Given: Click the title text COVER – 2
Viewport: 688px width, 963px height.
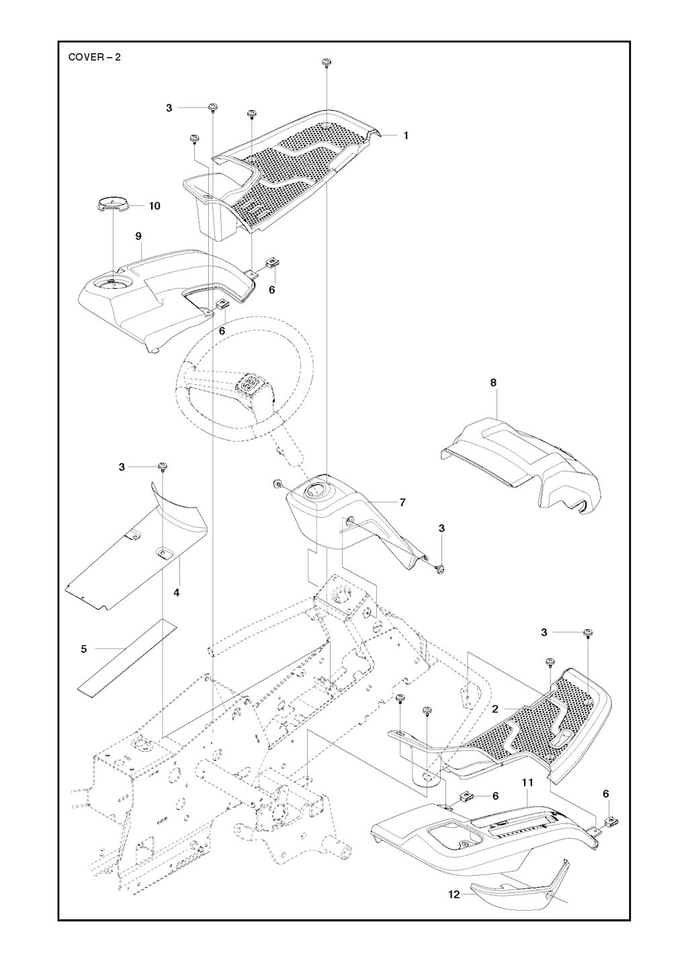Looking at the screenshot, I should pos(95,57).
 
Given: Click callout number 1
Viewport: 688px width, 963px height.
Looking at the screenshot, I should pos(406,135).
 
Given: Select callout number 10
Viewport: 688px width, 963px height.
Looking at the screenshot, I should pos(155,206).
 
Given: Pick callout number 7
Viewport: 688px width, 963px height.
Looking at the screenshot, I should pos(402,502).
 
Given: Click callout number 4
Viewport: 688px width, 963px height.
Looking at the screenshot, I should pos(177,593).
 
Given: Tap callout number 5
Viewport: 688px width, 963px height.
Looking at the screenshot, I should pos(84,649).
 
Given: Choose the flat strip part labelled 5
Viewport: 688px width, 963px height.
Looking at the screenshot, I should pos(126,658).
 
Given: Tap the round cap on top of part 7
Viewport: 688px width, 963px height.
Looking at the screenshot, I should pos(314,492).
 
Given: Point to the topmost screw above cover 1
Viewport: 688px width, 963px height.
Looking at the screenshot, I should pos(327,62).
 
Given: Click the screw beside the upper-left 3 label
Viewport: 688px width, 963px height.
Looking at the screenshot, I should pos(212,107).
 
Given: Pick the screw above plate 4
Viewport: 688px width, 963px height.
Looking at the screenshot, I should pos(162,466).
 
